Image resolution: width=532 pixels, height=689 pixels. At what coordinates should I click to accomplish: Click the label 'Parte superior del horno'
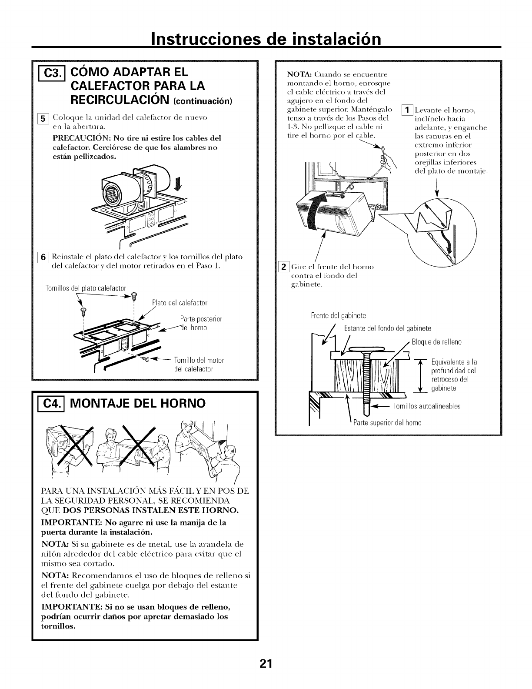point(387,422)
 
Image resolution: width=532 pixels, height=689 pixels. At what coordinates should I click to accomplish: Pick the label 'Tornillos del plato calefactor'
point(86,288)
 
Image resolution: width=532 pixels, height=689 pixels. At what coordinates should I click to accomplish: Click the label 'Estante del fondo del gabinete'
point(387,328)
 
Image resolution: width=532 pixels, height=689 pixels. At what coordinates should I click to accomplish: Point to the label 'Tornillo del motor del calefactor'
point(198,365)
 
